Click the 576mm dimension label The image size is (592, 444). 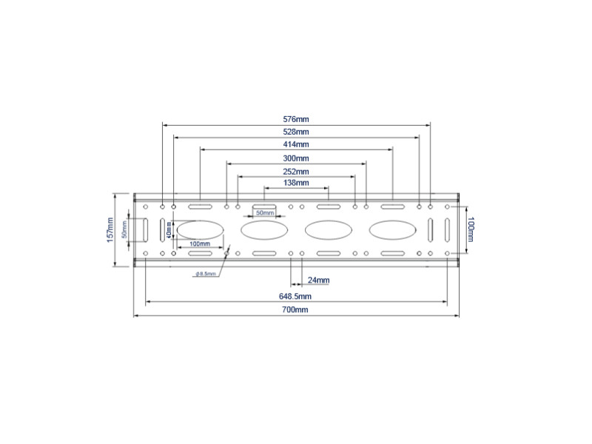[296, 118]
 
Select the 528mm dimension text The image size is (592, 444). [296, 131]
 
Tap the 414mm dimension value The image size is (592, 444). [296, 144]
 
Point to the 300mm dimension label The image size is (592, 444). [296, 158]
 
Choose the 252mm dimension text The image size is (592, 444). [296, 171]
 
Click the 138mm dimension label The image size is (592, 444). [296, 183]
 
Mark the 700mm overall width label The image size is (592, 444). [296, 310]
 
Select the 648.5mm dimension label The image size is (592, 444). [296, 296]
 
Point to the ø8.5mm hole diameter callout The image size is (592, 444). [206, 274]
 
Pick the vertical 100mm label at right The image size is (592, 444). [471, 229]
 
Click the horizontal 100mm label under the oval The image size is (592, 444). [200, 243]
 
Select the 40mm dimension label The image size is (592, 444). [169, 230]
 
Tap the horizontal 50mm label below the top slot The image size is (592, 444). [264, 213]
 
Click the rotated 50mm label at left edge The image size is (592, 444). [125, 229]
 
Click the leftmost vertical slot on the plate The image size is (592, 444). [145, 229]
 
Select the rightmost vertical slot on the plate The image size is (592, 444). [447, 229]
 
